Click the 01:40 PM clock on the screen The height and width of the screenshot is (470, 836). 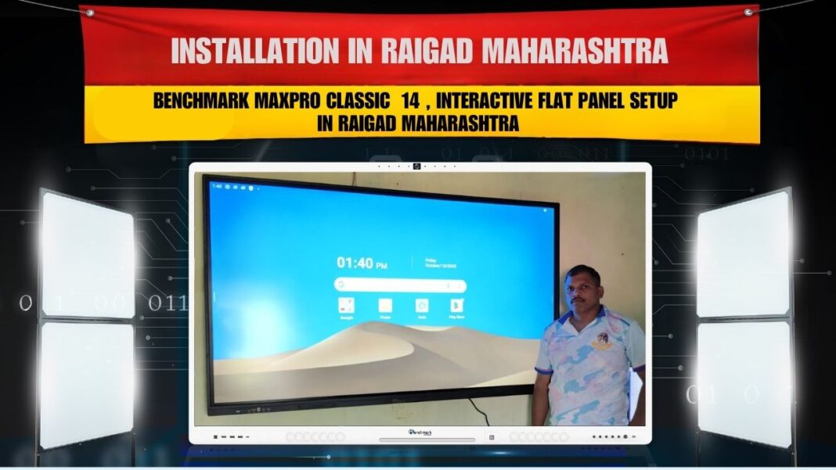(362, 264)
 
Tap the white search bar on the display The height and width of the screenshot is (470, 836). (400, 285)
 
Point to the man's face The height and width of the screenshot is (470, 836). (584, 289)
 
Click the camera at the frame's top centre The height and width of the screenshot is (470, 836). (417, 166)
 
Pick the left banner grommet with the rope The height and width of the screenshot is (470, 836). (90, 13)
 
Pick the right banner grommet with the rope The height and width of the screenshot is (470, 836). (750, 12)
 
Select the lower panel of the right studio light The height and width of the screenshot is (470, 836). (744, 382)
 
